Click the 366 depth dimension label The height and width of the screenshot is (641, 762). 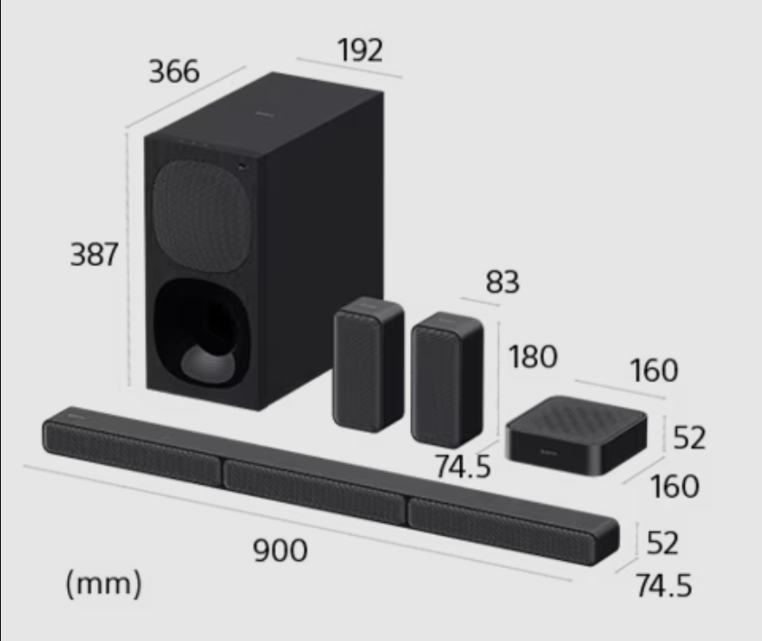point(174,72)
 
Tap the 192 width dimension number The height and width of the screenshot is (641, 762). point(359,50)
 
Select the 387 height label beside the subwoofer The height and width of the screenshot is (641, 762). point(94,254)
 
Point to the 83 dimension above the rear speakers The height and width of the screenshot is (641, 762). point(503,281)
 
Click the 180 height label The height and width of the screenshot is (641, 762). point(532,357)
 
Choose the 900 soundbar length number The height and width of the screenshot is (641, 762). point(280,550)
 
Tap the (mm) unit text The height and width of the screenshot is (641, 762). point(103,584)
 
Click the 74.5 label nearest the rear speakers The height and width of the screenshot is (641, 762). point(463,467)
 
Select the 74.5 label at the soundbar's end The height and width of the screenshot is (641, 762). point(664,585)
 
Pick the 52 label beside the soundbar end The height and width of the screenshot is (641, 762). point(662,543)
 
